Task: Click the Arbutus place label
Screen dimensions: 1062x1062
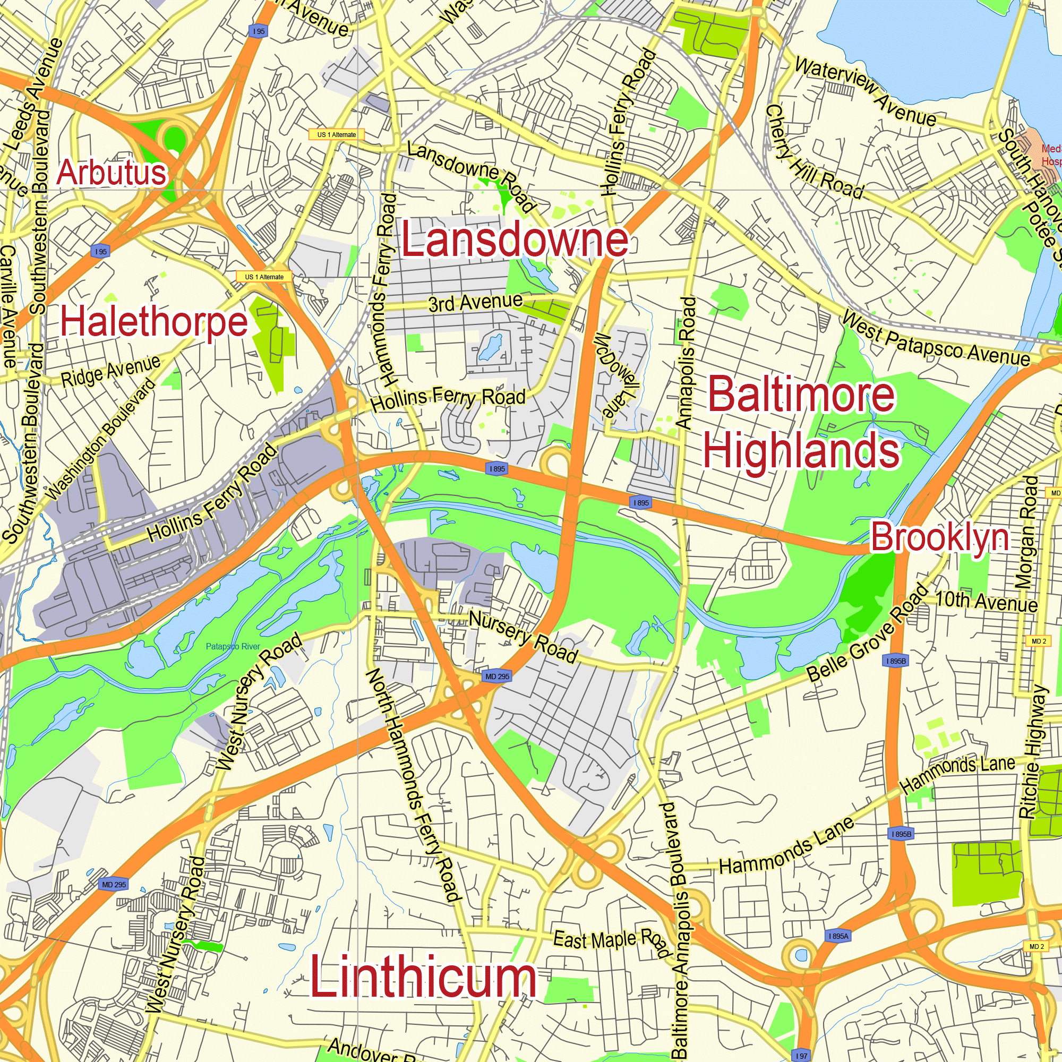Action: [112, 172]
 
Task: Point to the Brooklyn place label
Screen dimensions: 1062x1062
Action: [940, 537]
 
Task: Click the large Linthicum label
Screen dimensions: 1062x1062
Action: [423, 977]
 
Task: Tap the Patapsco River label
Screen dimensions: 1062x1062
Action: [233, 646]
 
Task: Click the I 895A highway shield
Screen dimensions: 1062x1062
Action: [838, 936]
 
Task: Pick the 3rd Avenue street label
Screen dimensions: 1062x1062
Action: [475, 302]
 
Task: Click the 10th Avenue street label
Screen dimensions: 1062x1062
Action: [986, 602]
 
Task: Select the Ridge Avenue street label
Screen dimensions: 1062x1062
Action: [110, 371]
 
